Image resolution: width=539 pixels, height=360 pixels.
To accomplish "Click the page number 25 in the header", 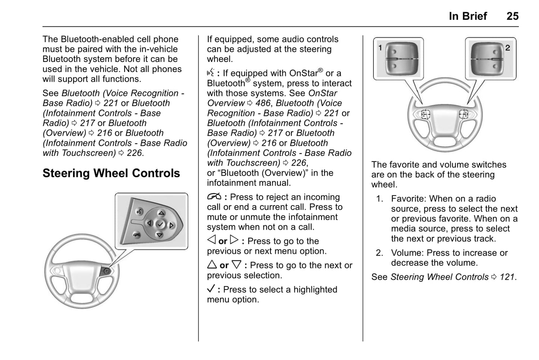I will tap(512, 16).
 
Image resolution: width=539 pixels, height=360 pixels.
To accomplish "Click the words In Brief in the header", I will tap(468, 16).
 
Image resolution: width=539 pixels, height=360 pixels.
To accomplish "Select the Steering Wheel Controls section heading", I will tap(111, 173).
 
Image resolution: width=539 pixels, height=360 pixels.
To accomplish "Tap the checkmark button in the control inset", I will tap(160, 224).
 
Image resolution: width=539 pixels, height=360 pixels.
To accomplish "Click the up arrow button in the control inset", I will tap(161, 213).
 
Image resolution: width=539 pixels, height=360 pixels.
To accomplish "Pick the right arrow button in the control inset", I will tap(172, 225).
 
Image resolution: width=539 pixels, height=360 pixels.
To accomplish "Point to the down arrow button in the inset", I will tap(159, 235).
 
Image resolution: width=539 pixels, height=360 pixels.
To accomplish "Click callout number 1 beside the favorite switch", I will tap(380, 47).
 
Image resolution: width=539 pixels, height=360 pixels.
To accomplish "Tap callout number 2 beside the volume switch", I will tap(507, 48).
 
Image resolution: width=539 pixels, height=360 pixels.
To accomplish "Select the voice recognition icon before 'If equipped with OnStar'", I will tap(211, 73).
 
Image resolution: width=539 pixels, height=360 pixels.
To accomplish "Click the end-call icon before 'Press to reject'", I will tap(214, 197).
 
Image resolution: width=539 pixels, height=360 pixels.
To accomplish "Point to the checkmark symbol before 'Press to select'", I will tap(211, 289).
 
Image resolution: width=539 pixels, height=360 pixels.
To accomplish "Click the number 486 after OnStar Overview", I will tap(263, 103).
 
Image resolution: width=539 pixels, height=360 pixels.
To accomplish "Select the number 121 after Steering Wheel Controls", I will tap(507, 277).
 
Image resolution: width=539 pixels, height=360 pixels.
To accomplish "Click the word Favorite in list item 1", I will tap(408, 199).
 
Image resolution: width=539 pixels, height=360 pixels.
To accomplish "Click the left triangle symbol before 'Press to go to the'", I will tap(211, 241).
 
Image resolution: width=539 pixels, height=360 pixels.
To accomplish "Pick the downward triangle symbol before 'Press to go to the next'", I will tap(236, 265).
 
